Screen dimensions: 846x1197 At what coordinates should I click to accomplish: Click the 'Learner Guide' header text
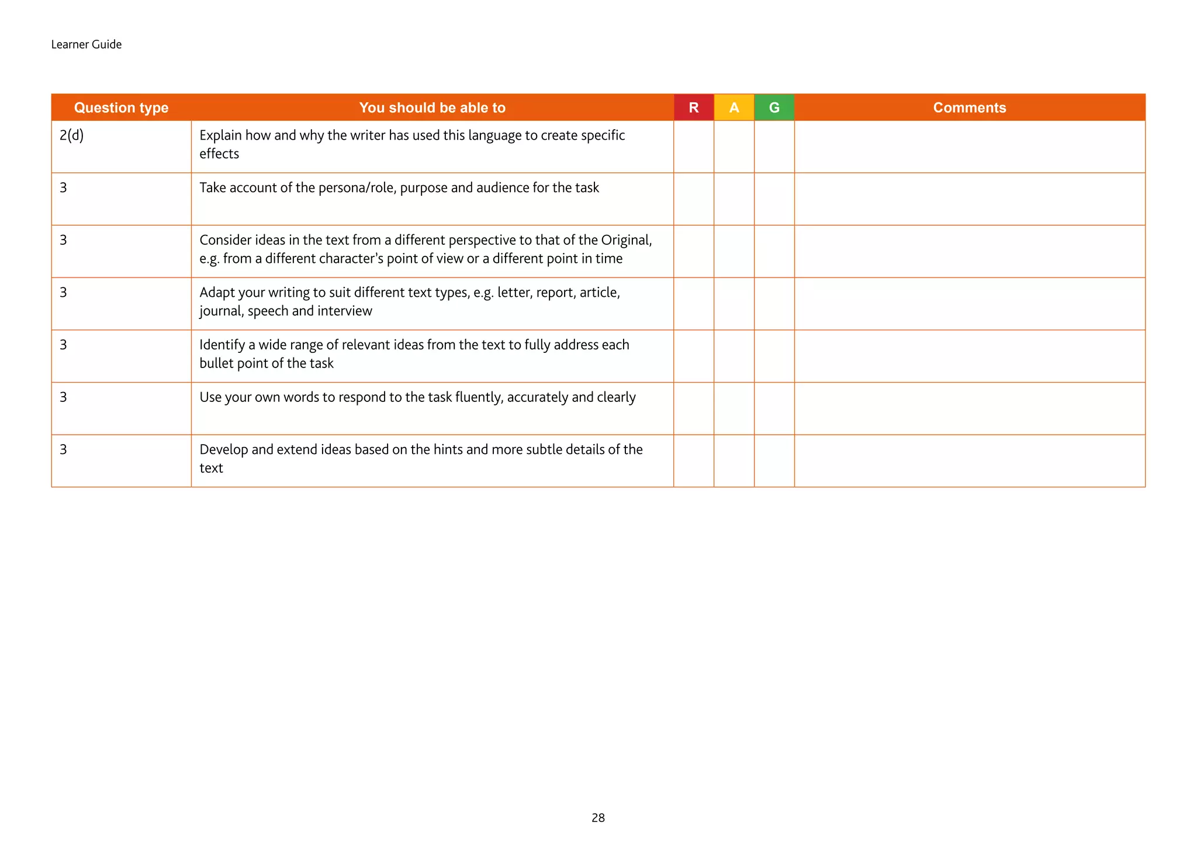pos(86,44)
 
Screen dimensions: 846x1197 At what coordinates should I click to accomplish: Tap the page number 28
pos(598,818)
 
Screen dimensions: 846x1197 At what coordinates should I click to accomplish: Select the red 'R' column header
pos(694,108)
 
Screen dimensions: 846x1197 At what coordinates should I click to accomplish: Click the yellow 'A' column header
pos(734,108)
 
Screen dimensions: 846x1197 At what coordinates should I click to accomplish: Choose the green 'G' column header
pos(774,108)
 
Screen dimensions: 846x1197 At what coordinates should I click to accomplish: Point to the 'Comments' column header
pos(969,108)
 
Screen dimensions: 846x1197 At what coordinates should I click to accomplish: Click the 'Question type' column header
pos(121,108)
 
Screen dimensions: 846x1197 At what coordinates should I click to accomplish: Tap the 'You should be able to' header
pos(432,108)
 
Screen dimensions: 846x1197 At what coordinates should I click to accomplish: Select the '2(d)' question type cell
pos(71,136)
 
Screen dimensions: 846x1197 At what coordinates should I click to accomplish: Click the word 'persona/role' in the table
pos(357,188)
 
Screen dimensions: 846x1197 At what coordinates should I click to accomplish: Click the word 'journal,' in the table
pos(222,311)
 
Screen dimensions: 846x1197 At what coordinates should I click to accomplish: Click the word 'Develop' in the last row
pos(224,449)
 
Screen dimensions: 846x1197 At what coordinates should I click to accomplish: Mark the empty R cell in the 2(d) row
pos(694,147)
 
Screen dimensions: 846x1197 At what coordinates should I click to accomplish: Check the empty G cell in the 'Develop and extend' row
pos(774,461)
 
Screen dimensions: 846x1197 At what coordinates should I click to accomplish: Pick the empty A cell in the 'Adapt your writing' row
pos(734,304)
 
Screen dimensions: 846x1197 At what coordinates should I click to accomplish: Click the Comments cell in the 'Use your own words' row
pos(969,408)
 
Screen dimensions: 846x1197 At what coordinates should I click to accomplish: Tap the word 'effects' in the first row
pos(219,154)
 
